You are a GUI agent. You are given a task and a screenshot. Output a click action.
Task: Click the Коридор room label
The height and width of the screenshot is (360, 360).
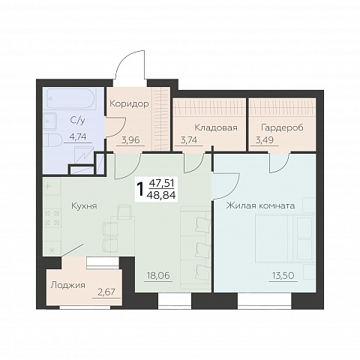coord(129,103)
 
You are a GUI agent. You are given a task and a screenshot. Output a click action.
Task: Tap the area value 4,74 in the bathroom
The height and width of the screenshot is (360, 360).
coord(78,136)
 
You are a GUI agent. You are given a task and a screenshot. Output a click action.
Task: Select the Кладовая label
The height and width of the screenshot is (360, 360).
coord(216,127)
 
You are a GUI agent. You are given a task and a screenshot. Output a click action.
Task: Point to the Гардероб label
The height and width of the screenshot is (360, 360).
coord(282,127)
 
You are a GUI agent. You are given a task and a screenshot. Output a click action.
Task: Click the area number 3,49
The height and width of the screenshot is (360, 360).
coord(265,140)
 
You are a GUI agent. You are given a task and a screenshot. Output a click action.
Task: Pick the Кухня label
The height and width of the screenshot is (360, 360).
coord(84,206)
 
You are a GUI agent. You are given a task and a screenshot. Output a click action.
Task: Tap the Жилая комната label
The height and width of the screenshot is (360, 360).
coord(260,205)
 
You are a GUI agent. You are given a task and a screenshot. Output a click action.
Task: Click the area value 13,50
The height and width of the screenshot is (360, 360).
coord(283,276)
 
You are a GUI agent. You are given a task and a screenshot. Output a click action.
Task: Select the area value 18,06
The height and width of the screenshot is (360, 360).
coord(158,276)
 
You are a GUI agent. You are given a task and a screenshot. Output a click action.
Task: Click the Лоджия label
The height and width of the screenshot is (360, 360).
coord(67,285)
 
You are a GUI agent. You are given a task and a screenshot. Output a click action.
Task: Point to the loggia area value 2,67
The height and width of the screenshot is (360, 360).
coord(106,292)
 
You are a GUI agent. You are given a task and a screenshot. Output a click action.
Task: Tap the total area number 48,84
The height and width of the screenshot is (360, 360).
coord(161,195)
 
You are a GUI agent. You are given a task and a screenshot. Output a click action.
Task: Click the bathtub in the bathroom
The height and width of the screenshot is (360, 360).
coord(71,98)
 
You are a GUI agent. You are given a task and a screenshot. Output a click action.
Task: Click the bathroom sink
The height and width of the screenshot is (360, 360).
coord(50,121)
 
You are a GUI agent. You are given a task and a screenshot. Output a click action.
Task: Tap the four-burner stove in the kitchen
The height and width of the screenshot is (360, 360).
coord(52,217)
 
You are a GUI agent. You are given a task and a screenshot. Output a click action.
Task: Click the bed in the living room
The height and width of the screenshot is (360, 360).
coord(284,238)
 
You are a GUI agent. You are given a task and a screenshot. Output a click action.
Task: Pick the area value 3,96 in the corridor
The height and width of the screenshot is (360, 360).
coord(130,140)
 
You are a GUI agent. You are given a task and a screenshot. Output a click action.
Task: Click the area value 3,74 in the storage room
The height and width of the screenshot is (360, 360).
coord(188,140)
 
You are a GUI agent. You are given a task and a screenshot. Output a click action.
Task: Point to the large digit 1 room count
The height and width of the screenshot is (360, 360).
coord(141,190)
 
